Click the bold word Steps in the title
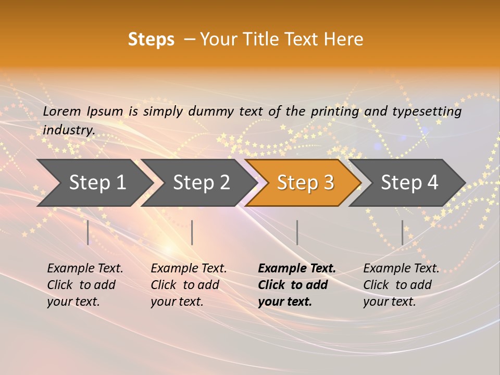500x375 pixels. [x=151, y=40]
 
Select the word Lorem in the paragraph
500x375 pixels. [x=61, y=111]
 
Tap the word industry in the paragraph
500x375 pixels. [x=68, y=130]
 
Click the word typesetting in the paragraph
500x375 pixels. [x=426, y=111]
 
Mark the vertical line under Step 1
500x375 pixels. [x=88, y=232]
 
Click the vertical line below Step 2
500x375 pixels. [x=192, y=232]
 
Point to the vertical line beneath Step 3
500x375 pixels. [x=297, y=232]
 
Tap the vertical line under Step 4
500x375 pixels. [x=402, y=232]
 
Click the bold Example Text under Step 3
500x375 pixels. [x=297, y=269]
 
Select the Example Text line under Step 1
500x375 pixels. [x=85, y=269]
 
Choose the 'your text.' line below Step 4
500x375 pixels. [x=389, y=302]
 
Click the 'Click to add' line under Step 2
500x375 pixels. [x=185, y=285]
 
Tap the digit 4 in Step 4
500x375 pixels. [x=432, y=183]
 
